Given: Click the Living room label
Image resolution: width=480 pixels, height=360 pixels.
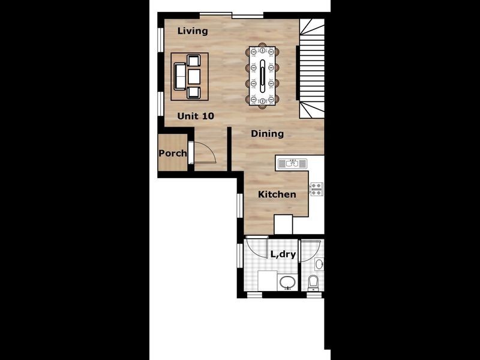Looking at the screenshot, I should [x=193, y=31].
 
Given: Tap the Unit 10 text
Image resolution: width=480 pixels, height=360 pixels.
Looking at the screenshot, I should [x=196, y=116].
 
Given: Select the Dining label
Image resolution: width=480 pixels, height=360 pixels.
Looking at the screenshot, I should [x=267, y=133].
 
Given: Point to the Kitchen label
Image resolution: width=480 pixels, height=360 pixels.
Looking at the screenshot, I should [x=277, y=194].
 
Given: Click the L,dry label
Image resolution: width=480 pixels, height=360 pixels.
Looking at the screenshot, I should [x=283, y=254].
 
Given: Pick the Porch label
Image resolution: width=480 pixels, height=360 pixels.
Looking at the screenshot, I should [x=172, y=154].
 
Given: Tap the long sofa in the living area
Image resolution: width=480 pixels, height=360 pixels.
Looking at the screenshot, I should [x=179, y=76].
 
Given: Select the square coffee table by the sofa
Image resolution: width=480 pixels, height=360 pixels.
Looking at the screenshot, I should [x=193, y=76].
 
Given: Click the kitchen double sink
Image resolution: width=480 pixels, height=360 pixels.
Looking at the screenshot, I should [x=292, y=163].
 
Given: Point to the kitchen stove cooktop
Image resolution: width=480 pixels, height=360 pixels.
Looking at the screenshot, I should [x=316, y=188].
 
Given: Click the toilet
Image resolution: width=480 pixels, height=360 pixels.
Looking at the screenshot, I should [x=313, y=281].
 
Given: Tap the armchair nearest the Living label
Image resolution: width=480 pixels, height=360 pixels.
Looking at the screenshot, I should [x=193, y=60].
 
